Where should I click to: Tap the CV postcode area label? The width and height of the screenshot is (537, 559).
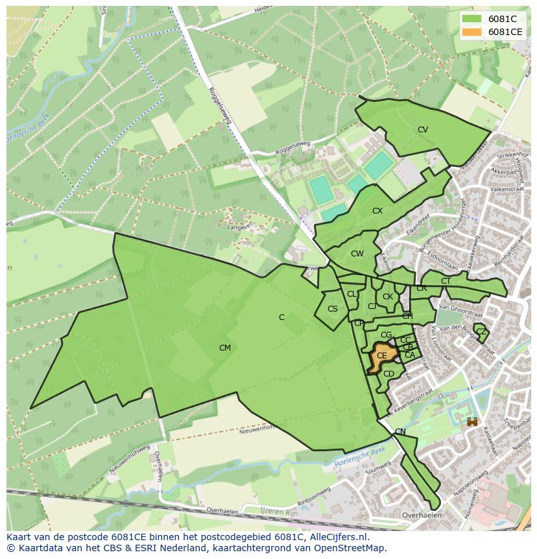pos(423,130)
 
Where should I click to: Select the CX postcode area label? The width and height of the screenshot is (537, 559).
pos(377,211)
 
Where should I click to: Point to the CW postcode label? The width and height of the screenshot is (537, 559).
pos(357,254)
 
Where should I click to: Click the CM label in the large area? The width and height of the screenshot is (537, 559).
pos(225,348)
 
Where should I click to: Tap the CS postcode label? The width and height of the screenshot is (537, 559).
pos(333,309)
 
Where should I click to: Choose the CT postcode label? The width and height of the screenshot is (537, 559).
pos(446,281)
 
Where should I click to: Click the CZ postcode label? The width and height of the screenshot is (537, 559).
pos(481,332)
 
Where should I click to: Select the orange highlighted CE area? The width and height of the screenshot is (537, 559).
pos(381,356)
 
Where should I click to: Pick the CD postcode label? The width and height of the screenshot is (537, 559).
pos(389,374)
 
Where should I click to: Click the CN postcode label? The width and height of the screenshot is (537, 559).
pos(400,432)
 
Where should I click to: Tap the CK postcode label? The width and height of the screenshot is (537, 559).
pos(388,297)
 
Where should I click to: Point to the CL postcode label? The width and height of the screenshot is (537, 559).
pos(352,294)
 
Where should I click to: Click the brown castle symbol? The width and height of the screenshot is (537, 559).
pos(472,422)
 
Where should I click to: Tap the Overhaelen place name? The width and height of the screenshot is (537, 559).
pos(422,516)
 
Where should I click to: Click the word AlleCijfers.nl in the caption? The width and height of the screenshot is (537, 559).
pos(338,537)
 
